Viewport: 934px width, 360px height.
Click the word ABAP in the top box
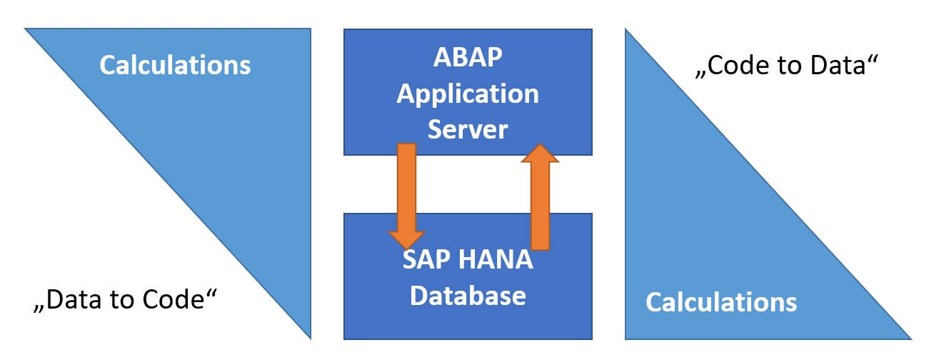coord(468,57)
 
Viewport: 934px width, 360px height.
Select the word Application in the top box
coord(468,94)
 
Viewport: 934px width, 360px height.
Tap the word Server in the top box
coord(468,129)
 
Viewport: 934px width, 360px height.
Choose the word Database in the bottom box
coord(468,294)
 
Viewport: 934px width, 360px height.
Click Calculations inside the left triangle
coord(175,65)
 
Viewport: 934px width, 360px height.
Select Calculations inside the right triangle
coord(721,302)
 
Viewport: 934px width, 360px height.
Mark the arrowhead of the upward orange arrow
coord(541,154)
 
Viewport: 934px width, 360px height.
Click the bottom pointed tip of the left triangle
coord(310,336)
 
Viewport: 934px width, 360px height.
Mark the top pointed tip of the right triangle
coord(626,31)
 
